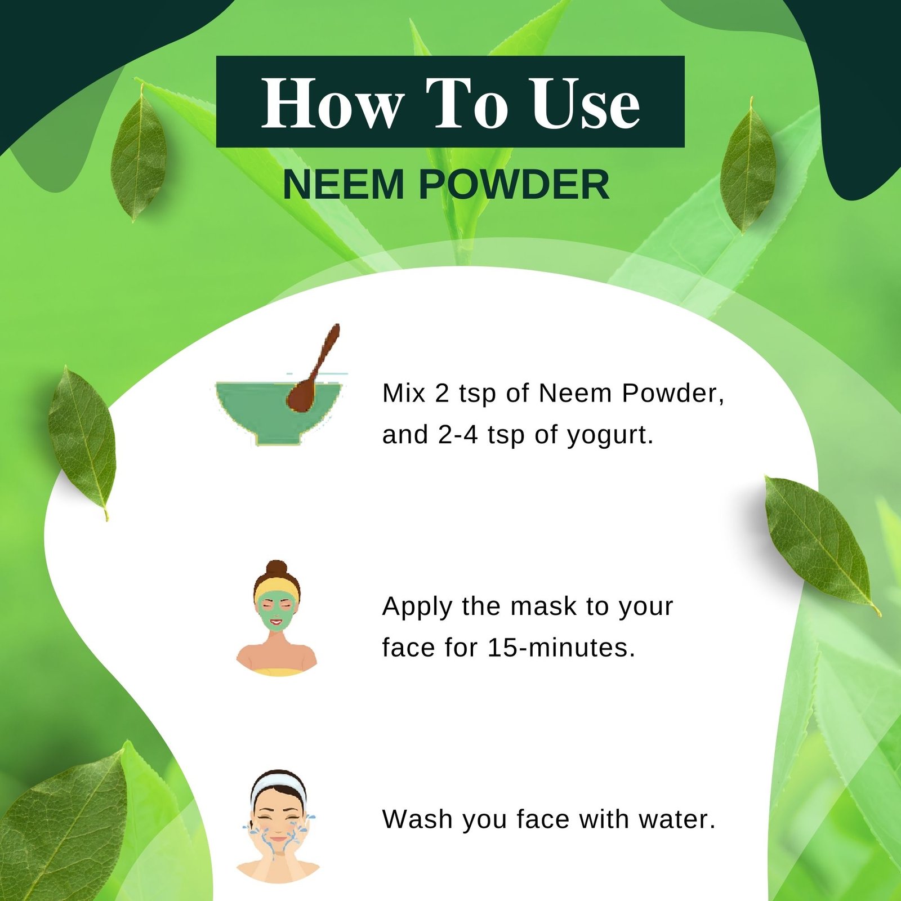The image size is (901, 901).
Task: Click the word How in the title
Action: [332, 103]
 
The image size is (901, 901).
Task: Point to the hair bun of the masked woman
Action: [276, 567]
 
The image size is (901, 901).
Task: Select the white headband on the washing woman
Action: [278, 784]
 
